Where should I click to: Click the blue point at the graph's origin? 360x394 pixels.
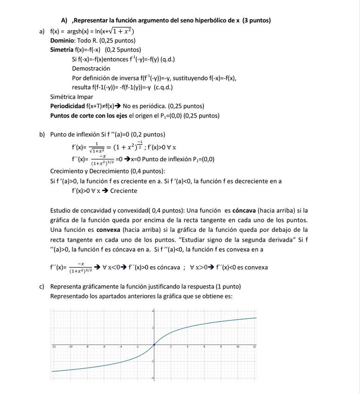[x=154, y=344]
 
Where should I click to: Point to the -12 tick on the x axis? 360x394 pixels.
[x=54, y=347]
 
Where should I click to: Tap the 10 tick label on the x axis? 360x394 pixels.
[x=237, y=347]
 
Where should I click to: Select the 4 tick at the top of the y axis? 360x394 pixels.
[x=152, y=311]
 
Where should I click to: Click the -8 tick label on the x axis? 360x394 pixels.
[x=88, y=347]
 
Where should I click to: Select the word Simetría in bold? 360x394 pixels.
[x=62, y=50]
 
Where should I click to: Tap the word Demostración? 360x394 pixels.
[x=91, y=68]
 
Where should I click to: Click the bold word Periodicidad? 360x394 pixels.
[x=67, y=106]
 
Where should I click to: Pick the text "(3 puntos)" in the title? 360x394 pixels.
[x=257, y=20]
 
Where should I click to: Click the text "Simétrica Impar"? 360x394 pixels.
[x=72, y=97]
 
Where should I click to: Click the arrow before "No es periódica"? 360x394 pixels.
[x=118, y=106]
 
